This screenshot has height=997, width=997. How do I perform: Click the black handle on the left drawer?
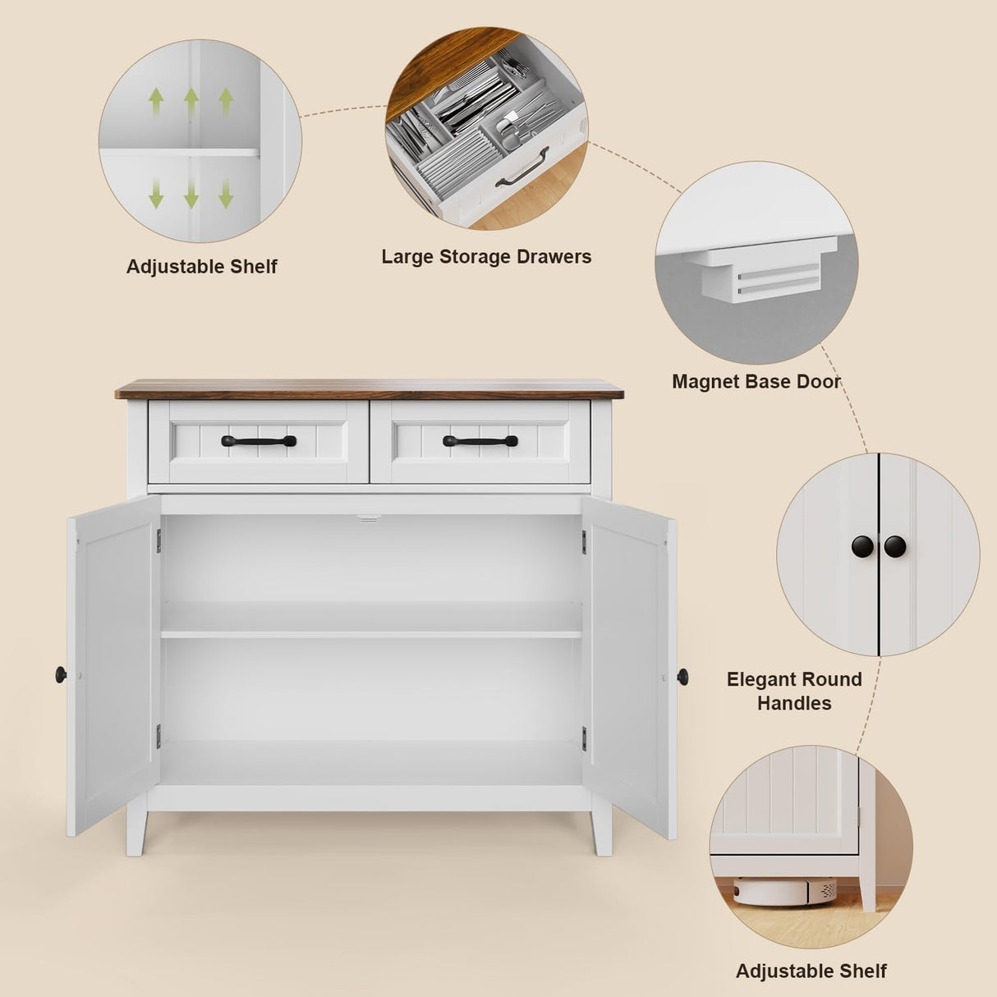259,441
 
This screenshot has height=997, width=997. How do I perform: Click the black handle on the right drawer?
480,441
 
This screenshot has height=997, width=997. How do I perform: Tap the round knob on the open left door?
61,675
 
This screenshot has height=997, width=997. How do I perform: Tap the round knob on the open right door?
682,677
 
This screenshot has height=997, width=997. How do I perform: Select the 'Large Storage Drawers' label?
486,257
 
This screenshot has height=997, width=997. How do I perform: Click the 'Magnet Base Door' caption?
756,382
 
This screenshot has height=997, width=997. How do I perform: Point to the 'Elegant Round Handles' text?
794,691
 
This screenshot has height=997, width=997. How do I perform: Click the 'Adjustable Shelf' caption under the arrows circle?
201,267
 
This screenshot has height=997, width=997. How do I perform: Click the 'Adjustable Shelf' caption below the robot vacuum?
811,972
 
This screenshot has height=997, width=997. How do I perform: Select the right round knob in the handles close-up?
894,546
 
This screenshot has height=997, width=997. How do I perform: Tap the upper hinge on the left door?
159,540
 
